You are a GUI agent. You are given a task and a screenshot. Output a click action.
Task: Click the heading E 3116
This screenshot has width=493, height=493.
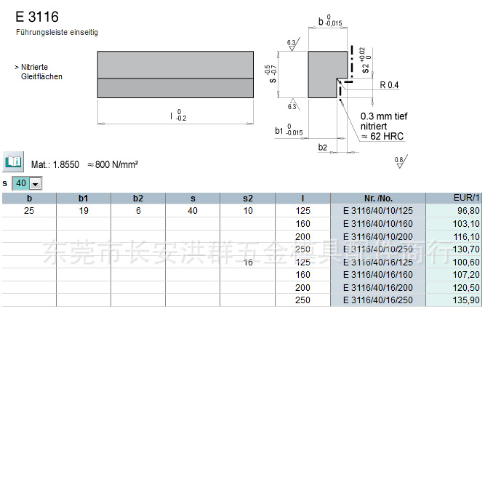coord(37,17)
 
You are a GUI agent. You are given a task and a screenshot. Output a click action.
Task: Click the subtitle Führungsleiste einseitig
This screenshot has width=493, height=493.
coord(57,33)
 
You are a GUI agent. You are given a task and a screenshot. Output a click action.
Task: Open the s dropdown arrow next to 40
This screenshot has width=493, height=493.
coord(35,184)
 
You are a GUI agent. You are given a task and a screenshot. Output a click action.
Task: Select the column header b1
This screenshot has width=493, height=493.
coord(84,198)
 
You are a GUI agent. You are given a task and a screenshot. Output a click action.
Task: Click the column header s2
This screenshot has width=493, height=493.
coord(248,198)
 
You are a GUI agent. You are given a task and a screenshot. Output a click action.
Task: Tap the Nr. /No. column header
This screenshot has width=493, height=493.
coord(377,198)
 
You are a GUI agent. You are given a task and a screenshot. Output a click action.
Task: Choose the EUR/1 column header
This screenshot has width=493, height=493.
coord(466,198)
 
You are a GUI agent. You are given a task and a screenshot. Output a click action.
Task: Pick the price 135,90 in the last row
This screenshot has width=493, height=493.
coord(466,300)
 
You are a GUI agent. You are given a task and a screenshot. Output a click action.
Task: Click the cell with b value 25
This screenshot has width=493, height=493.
coord(29,211)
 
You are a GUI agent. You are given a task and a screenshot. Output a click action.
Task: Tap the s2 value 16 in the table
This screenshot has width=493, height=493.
coord(248,262)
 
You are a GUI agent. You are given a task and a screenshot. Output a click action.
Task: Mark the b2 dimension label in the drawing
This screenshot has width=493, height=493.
coord(323,148)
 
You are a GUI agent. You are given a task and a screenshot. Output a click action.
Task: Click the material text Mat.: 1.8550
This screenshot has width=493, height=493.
coord(55,165)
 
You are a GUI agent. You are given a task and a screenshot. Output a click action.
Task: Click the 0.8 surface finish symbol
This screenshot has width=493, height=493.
coord(399,161)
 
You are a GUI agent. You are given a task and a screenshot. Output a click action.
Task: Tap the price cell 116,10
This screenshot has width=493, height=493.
coord(466,237)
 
